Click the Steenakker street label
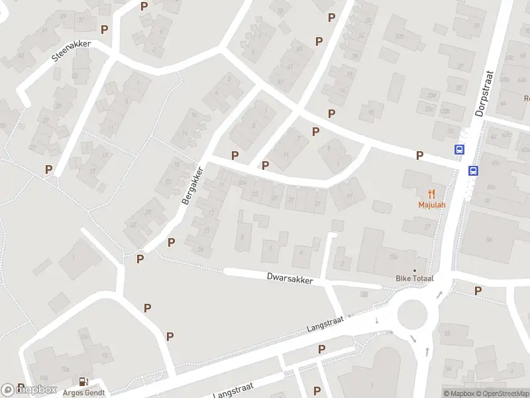coord(71,52)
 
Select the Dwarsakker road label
coord(289,278)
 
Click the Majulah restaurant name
coord(431,204)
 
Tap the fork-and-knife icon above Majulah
coord(431,193)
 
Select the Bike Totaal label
coord(414,279)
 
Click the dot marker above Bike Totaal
coord(415,270)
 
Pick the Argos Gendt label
coord(84,391)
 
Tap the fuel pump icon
coord(83,381)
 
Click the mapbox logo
coord(29,390)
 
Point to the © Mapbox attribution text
coord(460,393)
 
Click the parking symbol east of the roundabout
coord(478,291)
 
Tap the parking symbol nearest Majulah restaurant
coord(419,156)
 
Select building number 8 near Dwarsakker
coord(242,236)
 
